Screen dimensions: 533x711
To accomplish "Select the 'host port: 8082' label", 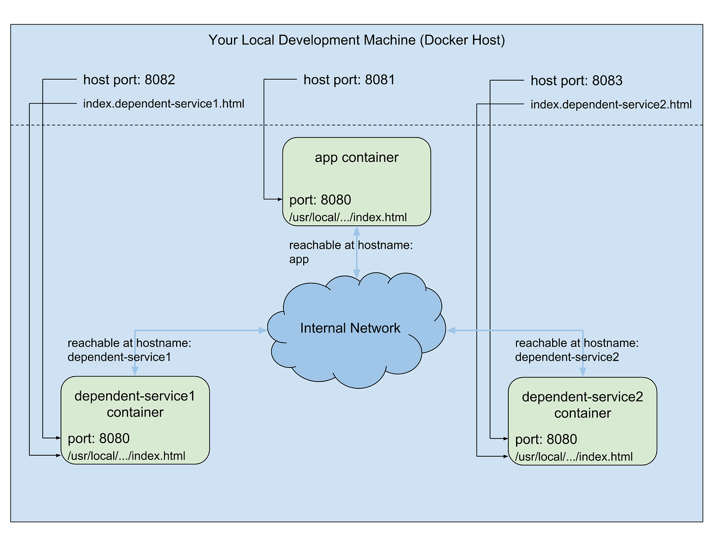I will click(129, 80).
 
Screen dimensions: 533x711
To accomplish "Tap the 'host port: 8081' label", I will click(349, 80).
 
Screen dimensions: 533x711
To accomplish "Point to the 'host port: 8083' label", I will click(576, 81).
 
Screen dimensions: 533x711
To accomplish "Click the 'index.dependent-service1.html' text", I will click(164, 104).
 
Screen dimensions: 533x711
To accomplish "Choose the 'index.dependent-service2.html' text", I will click(611, 105).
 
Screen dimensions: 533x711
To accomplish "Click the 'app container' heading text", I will click(357, 157).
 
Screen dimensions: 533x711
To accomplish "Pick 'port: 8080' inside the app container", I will click(320, 200).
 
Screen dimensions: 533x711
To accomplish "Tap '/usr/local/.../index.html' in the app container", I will click(348, 218).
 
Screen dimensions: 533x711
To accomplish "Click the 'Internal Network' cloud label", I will click(350, 328).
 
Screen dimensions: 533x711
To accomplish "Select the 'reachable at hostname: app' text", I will click(350, 252).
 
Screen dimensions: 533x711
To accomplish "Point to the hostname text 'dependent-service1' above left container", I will click(119, 357).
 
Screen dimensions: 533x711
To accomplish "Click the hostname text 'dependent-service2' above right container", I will click(567, 357).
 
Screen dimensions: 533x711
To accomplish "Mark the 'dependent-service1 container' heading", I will click(135, 404).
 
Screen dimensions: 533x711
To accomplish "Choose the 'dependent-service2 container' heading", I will click(583, 405).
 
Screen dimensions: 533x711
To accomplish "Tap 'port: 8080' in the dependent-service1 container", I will click(99, 439).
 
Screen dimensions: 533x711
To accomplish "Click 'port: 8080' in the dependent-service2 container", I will click(546, 440).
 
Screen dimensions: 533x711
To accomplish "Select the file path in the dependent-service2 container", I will click(574, 457).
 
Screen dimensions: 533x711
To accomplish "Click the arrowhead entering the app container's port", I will click(280, 199).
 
